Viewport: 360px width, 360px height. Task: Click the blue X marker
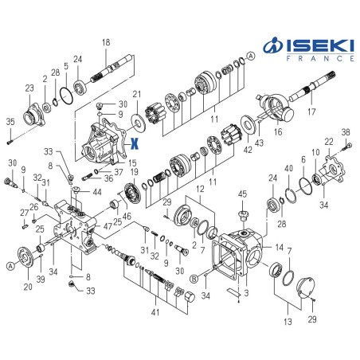[x=135, y=144]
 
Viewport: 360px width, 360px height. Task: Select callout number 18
[x=106, y=42]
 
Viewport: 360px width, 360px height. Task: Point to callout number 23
[x=29, y=88]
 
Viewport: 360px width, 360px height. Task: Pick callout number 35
[x=10, y=121]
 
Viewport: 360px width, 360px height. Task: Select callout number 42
[x=248, y=149]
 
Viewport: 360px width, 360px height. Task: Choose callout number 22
[x=330, y=142]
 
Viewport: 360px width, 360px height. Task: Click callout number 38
[x=345, y=131]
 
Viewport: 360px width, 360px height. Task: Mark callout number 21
[x=136, y=96]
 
